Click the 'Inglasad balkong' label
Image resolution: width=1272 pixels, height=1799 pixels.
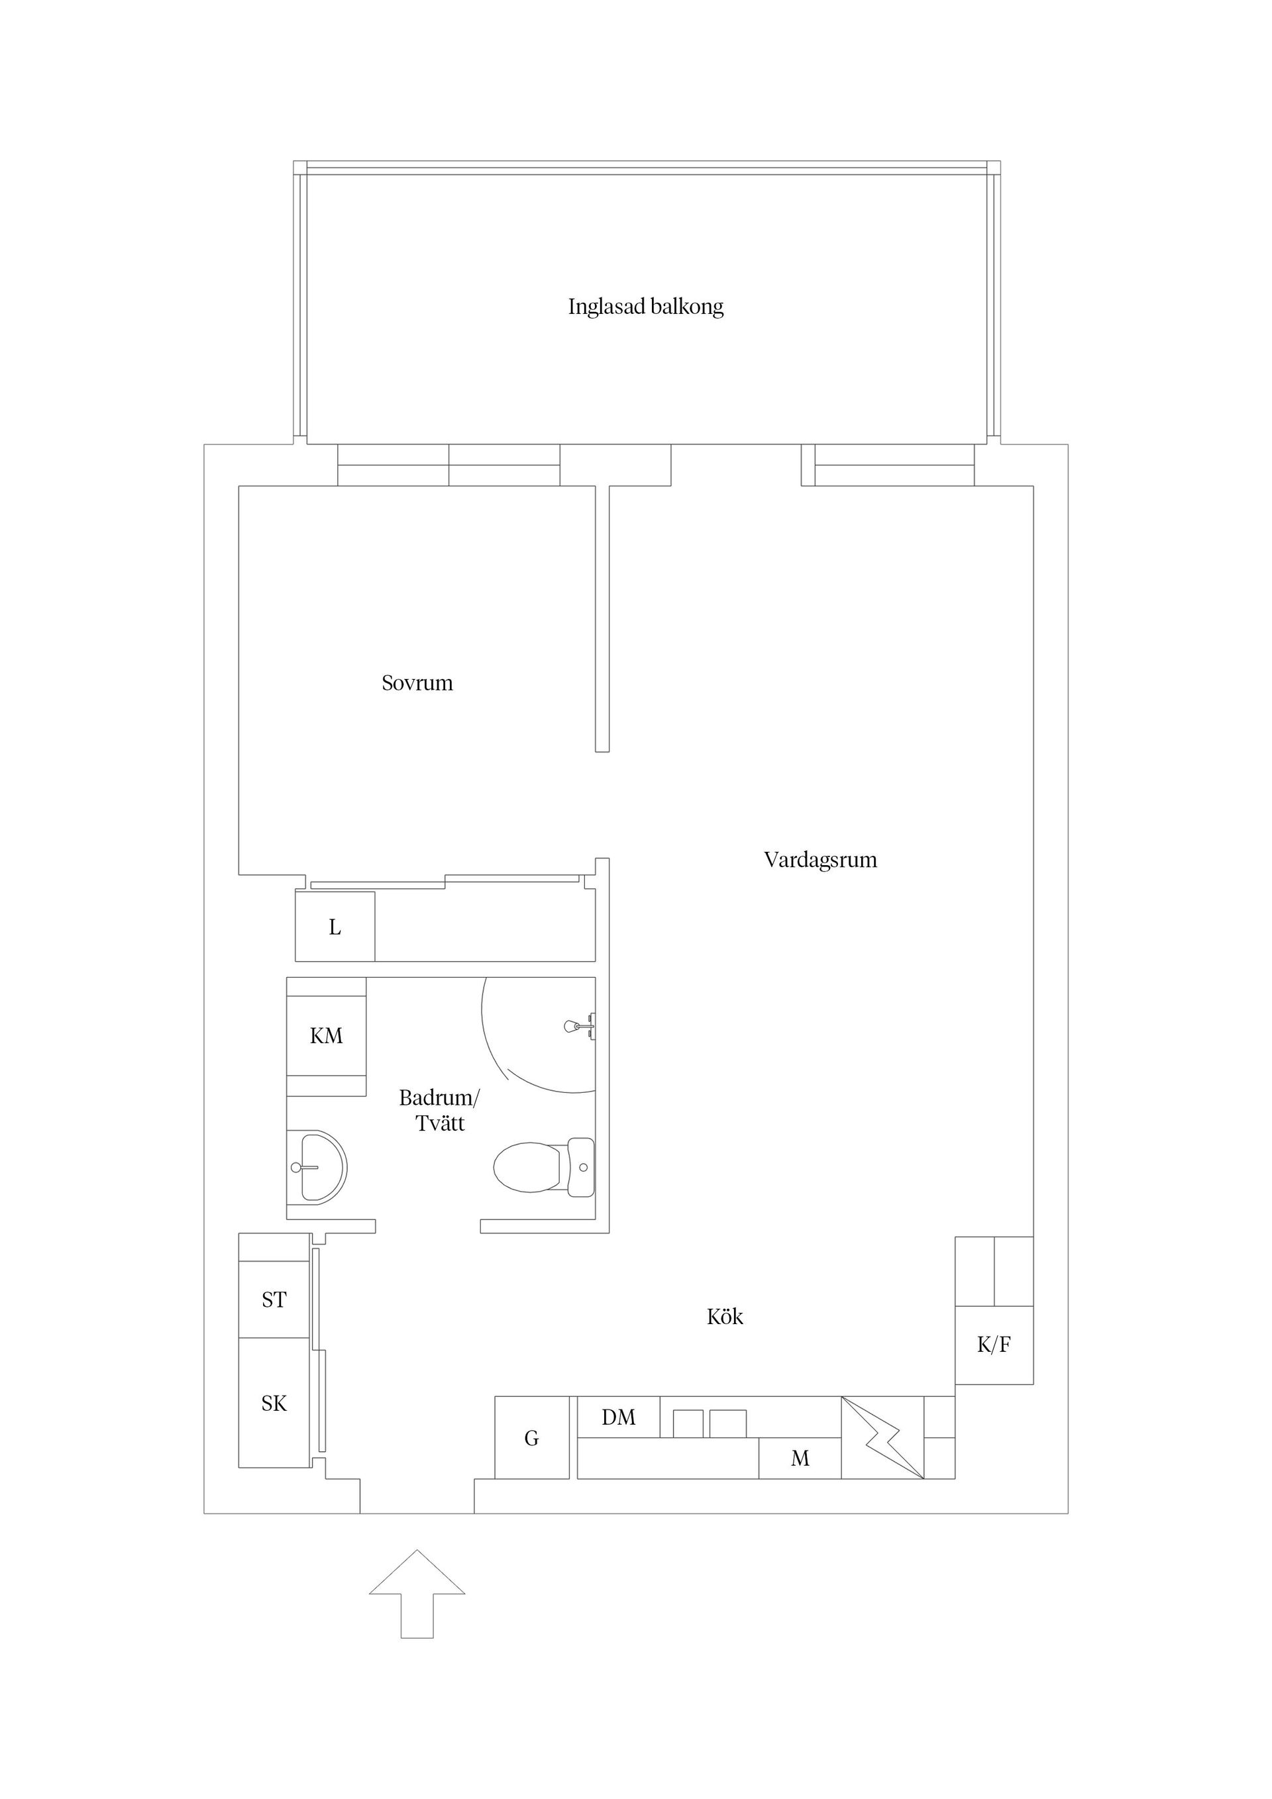645,307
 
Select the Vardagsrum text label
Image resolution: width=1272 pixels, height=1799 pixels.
820,860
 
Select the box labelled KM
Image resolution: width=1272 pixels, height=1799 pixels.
326,1036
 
